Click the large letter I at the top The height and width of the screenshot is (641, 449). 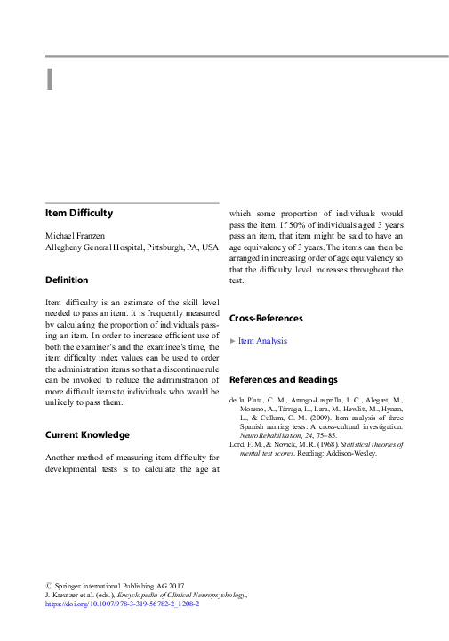pos(51,80)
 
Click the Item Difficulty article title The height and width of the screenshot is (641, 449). pos(79,213)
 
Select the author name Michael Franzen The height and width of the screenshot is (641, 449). pos(75,235)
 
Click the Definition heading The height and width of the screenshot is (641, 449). pos(67,280)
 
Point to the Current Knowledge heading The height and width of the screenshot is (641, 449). pos(87,434)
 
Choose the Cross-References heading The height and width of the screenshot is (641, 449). pos(266,318)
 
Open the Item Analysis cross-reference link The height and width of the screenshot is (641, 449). pos(262,340)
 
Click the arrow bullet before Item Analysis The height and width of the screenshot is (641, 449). pos(233,340)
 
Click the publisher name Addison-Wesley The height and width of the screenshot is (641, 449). pos(349,453)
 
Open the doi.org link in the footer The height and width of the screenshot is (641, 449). pos(122,603)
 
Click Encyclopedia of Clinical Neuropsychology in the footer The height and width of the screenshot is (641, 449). pos(178,594)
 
